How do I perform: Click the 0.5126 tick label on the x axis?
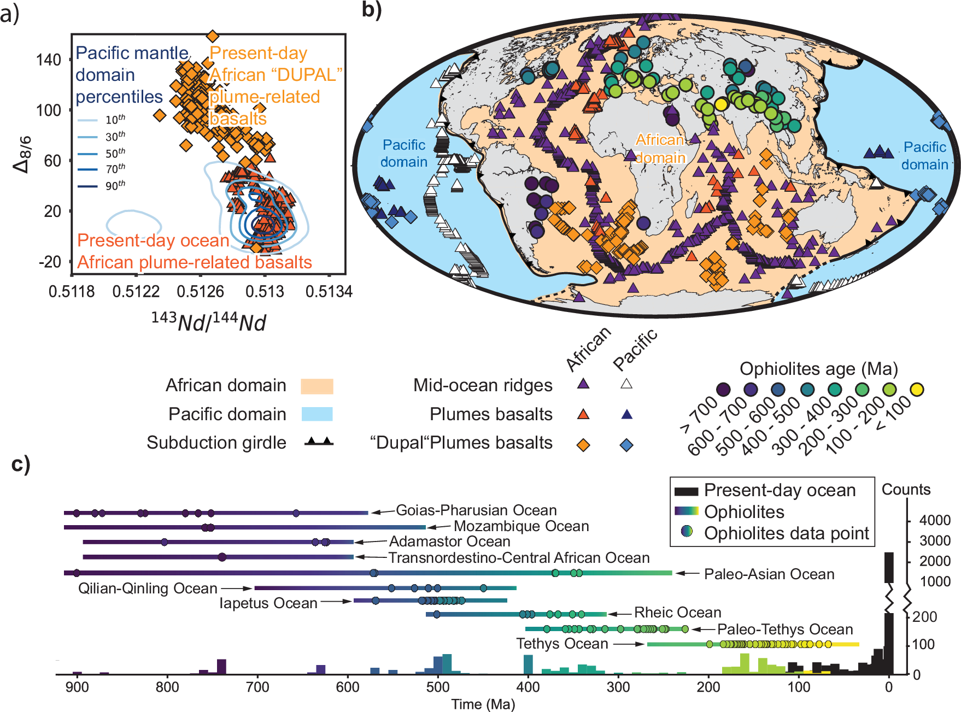pos(200,292)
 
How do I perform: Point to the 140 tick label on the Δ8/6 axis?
pos(49,60)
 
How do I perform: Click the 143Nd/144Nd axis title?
pos(208,322)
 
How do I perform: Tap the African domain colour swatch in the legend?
pos(317,386)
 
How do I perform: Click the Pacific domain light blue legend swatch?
pos(317,414)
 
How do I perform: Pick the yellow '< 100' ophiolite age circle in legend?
pos(917,390)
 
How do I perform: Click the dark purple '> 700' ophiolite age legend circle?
pos(724,390)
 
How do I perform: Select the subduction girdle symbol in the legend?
pos(319,442)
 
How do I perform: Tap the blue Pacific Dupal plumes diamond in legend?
pos(626,445)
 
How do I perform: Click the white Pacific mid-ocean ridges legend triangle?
pos(626,384)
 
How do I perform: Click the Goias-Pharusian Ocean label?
pos(476,510)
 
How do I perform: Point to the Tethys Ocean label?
pos(562,644)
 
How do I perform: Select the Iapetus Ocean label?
pos(268,603)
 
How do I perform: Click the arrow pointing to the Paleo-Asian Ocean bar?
pos(687,573)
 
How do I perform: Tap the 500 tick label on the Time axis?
pos(437,687)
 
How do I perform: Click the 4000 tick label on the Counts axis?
pos(935,520)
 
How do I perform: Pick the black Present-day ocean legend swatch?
pos(687,491)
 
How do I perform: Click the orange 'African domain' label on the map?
pos(660,149)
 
